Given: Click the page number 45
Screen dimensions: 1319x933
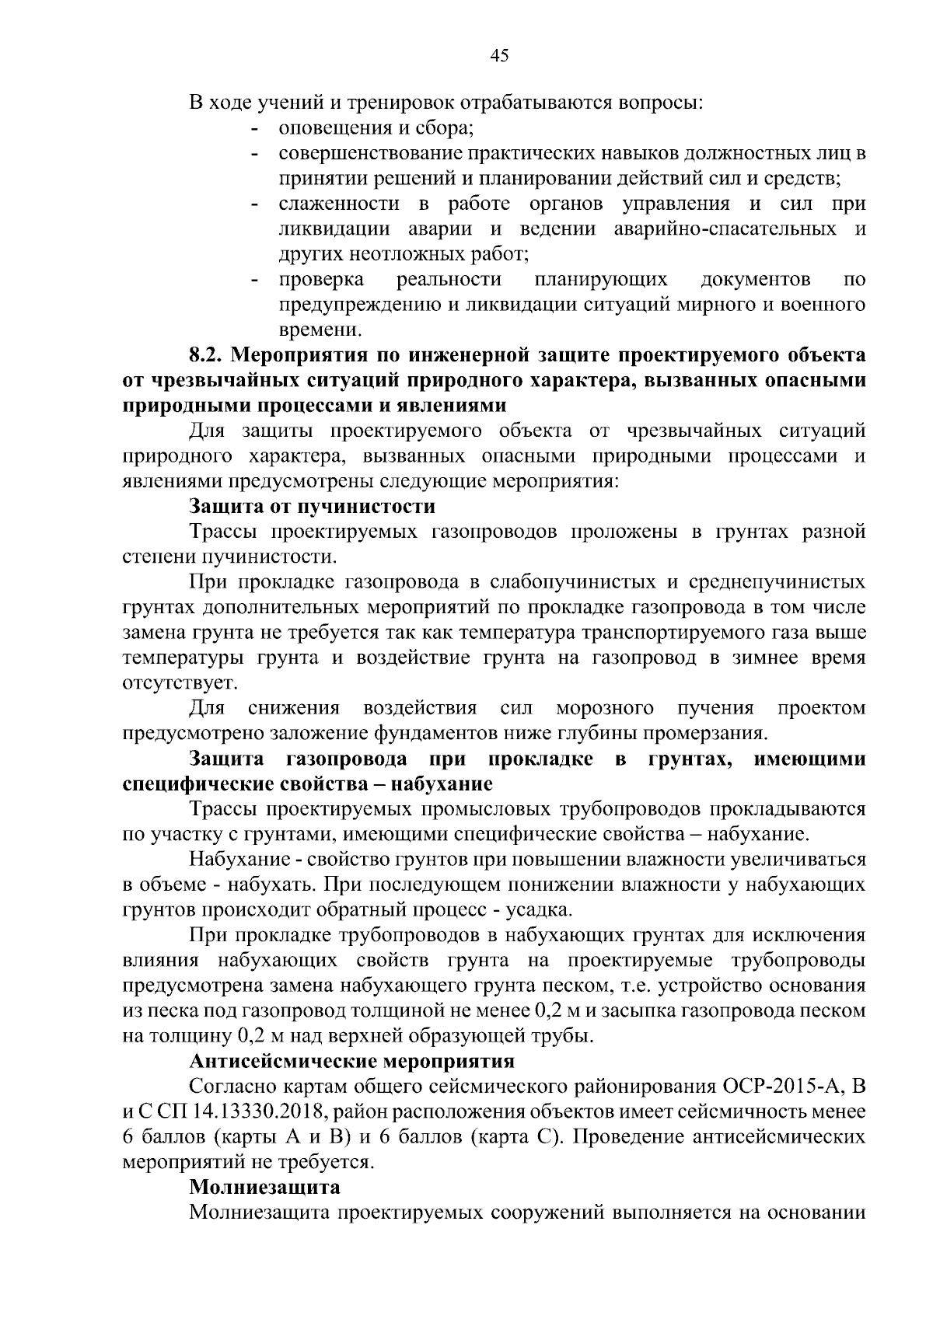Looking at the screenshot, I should (x=499, y=55).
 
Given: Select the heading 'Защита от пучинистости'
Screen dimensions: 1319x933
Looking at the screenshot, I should (x=312, y=508).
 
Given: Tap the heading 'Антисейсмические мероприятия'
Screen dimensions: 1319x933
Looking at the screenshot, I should (x=352, y=1061).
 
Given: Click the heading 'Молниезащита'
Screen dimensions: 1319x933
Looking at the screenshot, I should (x=265, y=1188).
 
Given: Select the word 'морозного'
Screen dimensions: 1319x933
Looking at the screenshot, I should (x=604, y=709).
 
